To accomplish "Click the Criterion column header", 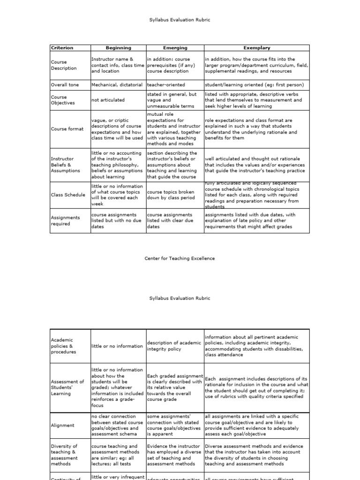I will [x=62, y=48].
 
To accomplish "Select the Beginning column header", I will [x=118, y=48].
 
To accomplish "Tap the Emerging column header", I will [x=175, y=48].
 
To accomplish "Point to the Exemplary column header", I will [x=256, y=48].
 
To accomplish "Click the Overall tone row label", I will [x=65, y=85].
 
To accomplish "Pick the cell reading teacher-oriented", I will [x=166, y=85].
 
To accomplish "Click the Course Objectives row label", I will [x=63, y=100].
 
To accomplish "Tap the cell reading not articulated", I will [x=108, y=100].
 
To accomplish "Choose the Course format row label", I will [x=67, y=129].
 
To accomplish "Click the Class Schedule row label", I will [x=68, y=195].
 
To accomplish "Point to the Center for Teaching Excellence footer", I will [x=180, y=258].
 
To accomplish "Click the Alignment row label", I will [x=62, y=426].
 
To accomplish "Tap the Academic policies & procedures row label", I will [x=63, y=346].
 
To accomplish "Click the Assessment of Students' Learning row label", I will [x=67, y=388].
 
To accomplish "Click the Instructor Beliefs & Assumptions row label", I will [x=65, y=165].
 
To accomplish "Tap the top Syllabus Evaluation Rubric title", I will [x=180, y=20].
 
